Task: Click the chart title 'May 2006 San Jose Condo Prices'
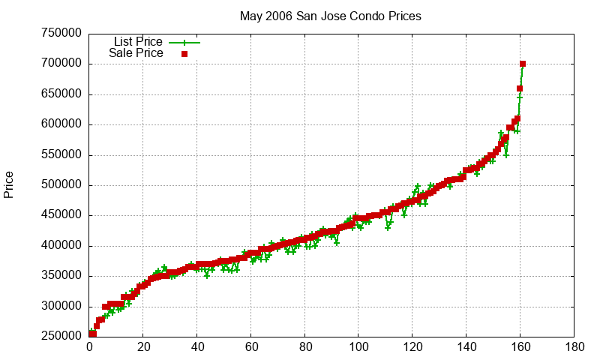(x=330, y=16)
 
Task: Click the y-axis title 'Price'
(x=9, y=184)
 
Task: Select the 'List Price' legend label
(x=138, y=42)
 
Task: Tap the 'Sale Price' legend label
(x=136, y=53)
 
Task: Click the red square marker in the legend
(x=184, y=53)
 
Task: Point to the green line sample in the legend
(x=184, y=42)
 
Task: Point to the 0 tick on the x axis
(x=89, y=347)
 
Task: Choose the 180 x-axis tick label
(x=574, y=347)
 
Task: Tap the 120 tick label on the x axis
(x=412, y=347)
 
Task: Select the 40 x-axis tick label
(x=197, y=347)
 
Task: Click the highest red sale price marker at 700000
(x=523, y=64)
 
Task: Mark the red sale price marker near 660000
(x=520, y=88)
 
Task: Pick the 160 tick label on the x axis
(x=520, y=347)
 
